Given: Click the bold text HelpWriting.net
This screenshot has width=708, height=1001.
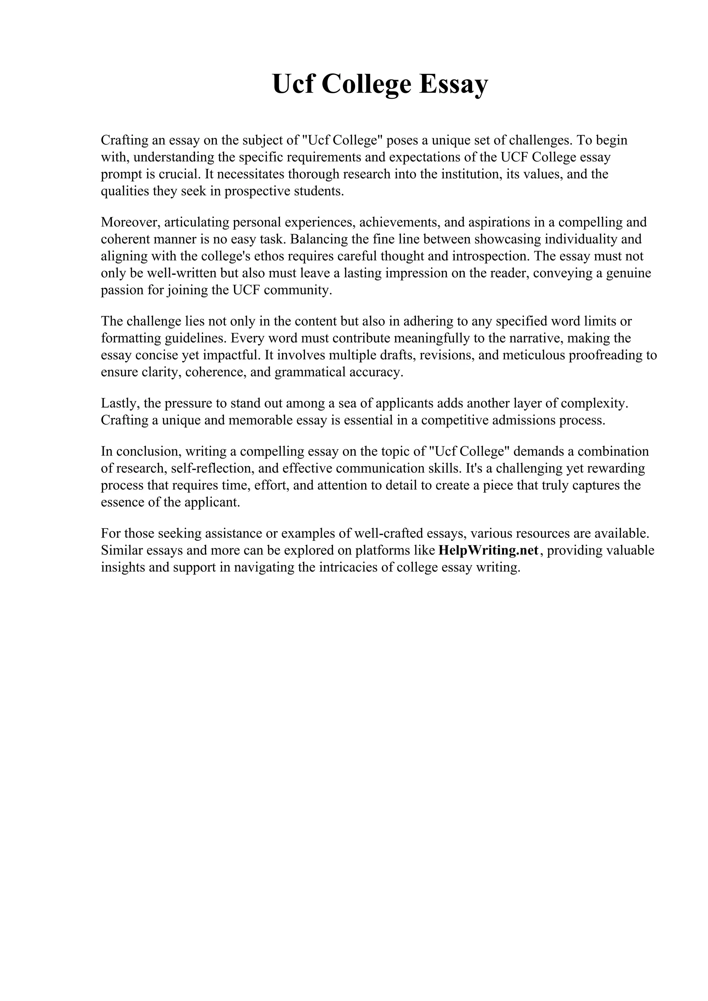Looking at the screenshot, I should click(x=488, y=551).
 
